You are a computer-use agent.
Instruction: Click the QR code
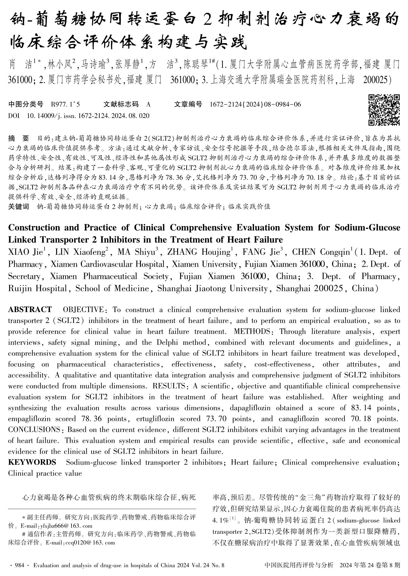pos(384,110)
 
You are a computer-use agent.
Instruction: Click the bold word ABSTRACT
pos(30,310)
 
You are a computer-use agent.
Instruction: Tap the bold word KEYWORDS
pos(32,462)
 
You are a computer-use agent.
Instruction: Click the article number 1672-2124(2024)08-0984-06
pos(255,105)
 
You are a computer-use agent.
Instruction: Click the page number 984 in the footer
pos(19,565)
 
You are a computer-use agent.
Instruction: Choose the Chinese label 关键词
pos(18,207)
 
